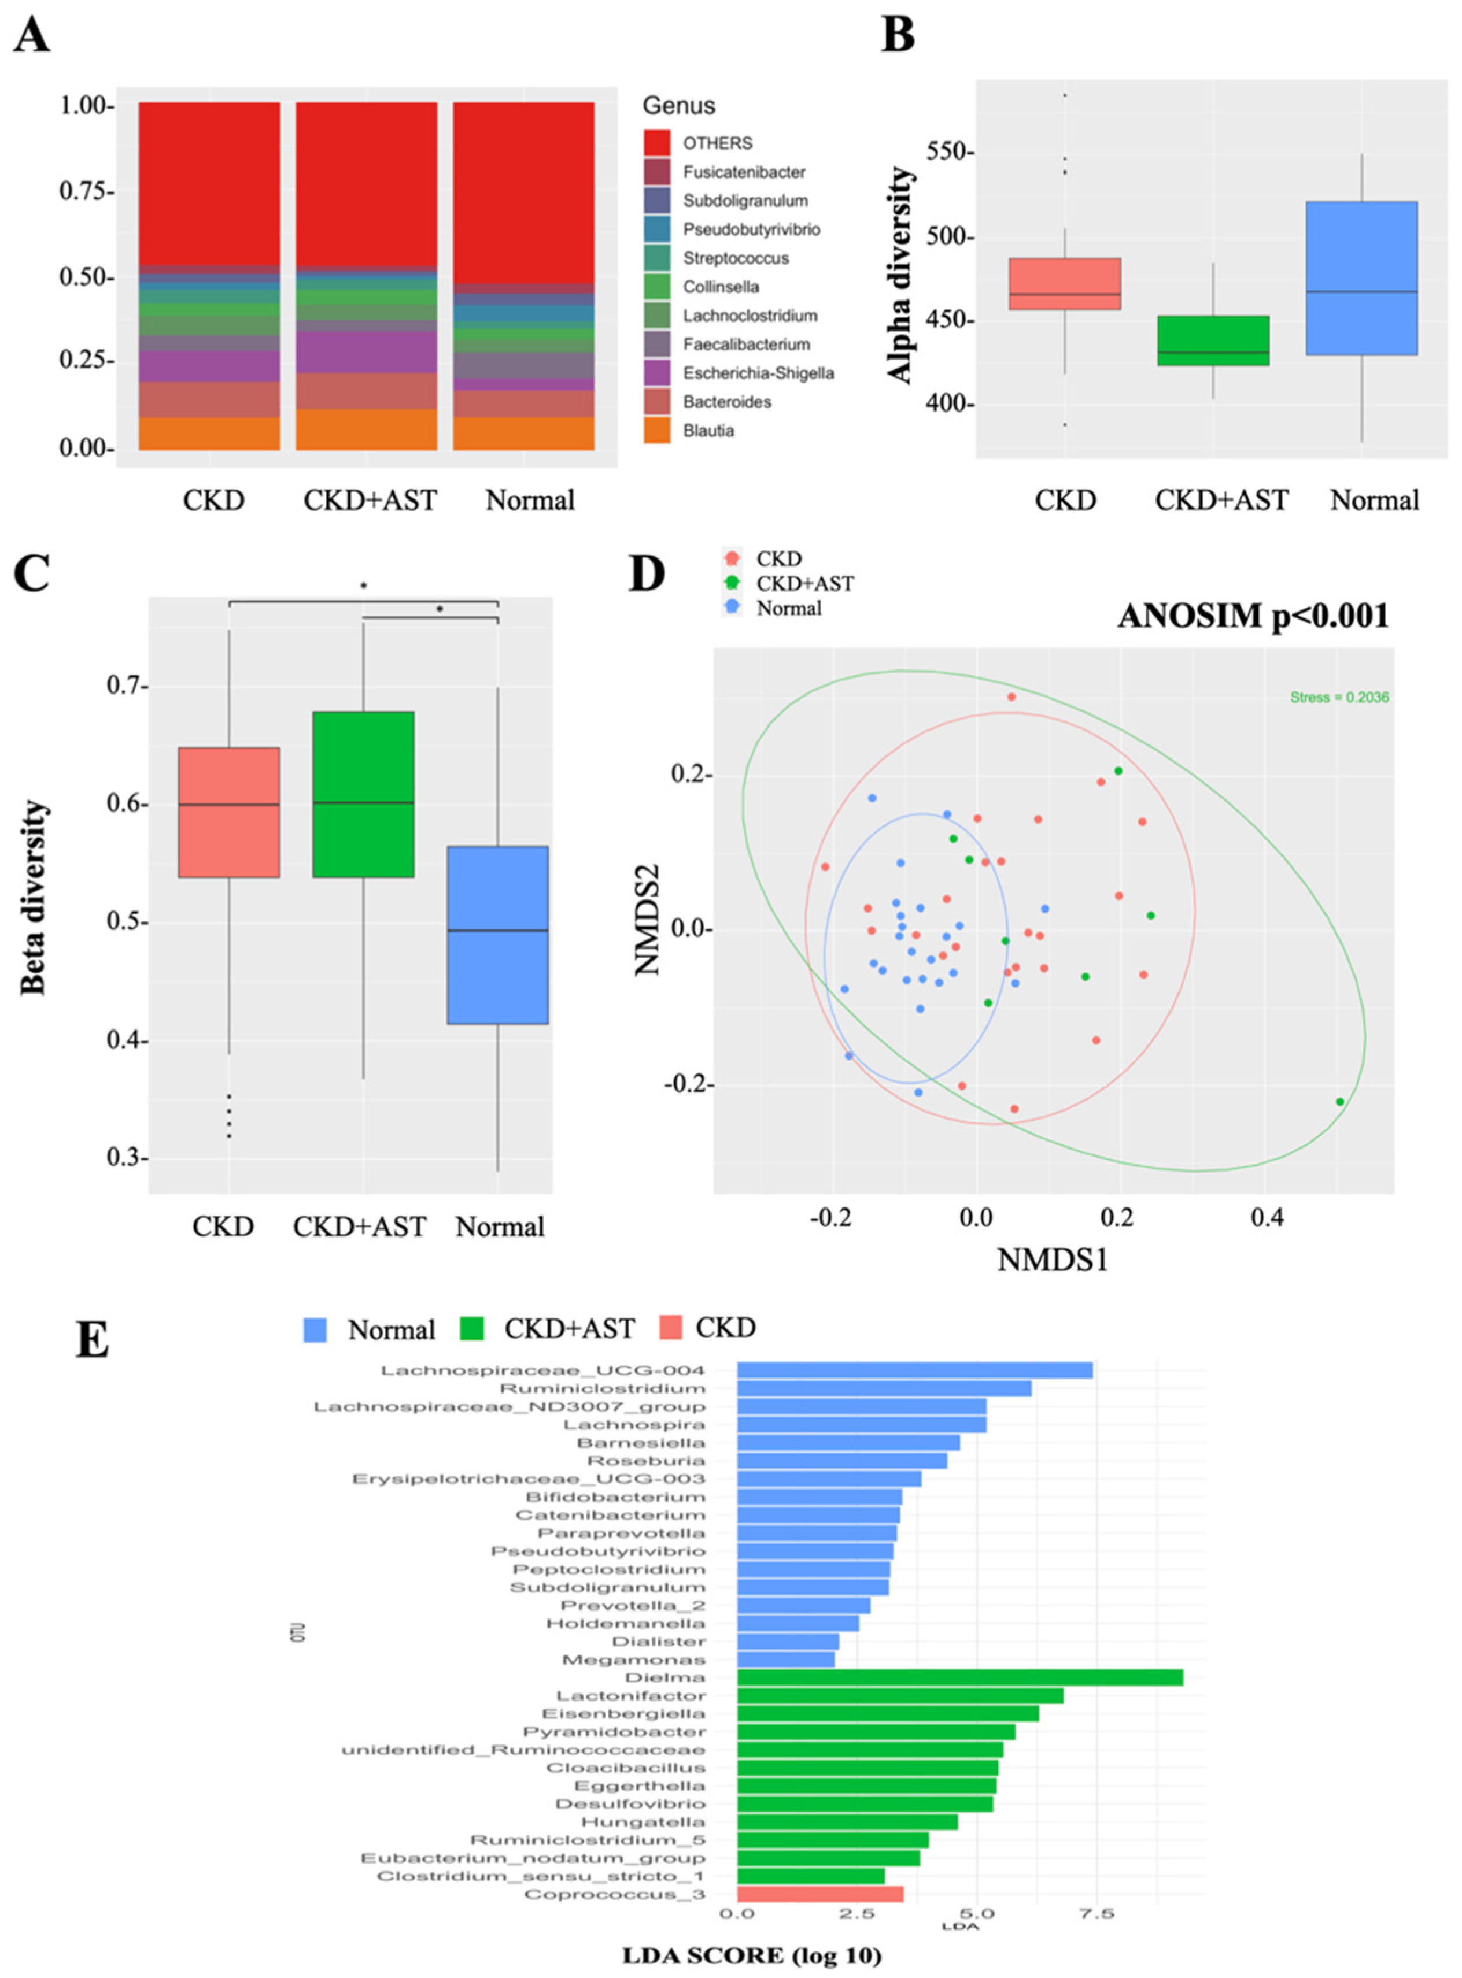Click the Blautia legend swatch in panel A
(656, 431)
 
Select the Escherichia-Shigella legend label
(758, 373)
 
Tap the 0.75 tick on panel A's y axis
(86, 192)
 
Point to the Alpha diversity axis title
(900, 275)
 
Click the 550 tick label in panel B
(948, 152)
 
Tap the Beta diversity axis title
(33, 897)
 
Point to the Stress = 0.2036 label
(1339, 698)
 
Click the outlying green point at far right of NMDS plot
(1340, 1101)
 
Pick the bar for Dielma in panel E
(959, 1678)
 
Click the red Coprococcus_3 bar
(821, 1894)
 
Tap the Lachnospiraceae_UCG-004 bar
(914, 1370)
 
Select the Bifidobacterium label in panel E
(615, 1497)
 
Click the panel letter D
(646, 575)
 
